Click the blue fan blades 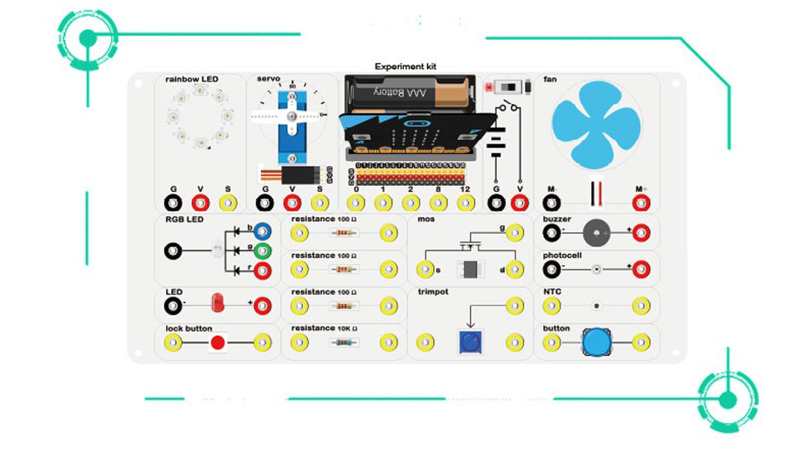(x=596, y=123)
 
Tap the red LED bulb (x=218, y=302)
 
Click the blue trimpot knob (x=471, y=342)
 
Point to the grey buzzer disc (x=596, y=232)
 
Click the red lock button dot (x=217, y=342)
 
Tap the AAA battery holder (x=410, y=94)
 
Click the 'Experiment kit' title (x=406, y=67)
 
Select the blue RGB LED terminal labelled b (x=262, y=232)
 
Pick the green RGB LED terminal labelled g (x=262, y=250)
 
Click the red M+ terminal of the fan (x=641, y=202)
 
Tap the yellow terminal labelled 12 (x=465, y=202)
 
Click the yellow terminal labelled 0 (x=356, y=202)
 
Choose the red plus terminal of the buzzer (x=641, y=232)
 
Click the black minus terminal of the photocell (x=551, y=269)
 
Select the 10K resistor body (x=342, y=342)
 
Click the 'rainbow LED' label (x=191, y=79)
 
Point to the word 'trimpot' (x=432, y=292)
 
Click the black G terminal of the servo (x=265, y=202)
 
